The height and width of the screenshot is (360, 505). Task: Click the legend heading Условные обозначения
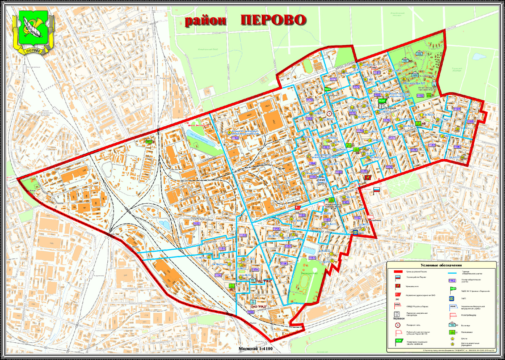click(441, 265)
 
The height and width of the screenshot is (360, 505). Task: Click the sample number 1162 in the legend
click(452, 280)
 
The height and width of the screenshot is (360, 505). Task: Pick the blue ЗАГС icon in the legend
click(452, 298)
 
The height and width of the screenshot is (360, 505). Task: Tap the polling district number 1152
click(197, 224)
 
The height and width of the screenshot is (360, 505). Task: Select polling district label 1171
click(333, 79)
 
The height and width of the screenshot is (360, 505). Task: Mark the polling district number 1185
click(470, 121)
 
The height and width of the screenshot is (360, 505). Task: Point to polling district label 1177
click(392, 138)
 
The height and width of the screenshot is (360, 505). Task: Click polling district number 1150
click(218, 275)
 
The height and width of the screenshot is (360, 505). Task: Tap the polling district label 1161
click(312, 258)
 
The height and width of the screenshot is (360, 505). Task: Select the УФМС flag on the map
click(322, 177)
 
